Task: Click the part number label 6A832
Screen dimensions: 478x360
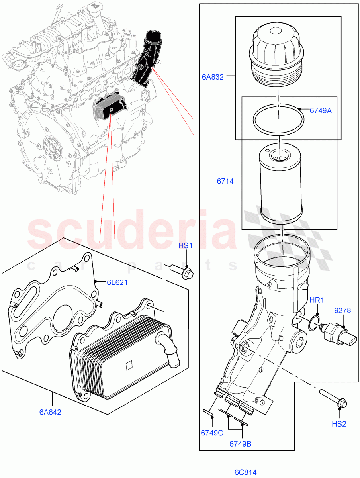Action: tap(213, 77)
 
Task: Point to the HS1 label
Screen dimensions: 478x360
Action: tap(185, 246)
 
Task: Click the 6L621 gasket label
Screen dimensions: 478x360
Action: tap(117, 282)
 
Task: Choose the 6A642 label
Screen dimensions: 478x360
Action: tap(50, 412)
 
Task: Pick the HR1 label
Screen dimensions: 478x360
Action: tap(317, 300)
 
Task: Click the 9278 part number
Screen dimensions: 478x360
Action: tap(342, 310)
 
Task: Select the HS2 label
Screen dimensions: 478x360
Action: tap(338, 424)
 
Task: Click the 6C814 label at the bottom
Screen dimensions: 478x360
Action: tap(245, 472)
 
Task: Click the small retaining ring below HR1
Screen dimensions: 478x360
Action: tap(315, 323)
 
